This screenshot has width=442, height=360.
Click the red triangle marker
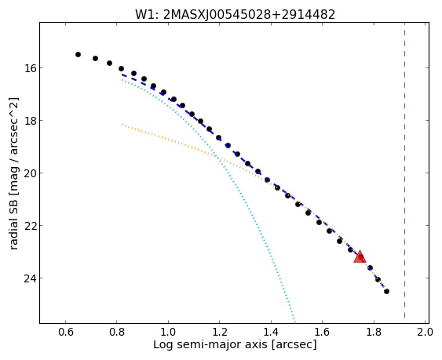[360, 257]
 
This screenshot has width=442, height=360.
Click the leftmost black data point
[78, 54]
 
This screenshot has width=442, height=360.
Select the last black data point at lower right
[386, 291]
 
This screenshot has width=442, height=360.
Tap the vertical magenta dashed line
[404, 170]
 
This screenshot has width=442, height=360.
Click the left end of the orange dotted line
[122, 124]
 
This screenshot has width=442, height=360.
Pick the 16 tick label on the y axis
[30, 68]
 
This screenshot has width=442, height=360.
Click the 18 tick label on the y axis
[30, 121]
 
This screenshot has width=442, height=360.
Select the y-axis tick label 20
[30, 173]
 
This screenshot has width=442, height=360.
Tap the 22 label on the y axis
[30, 225]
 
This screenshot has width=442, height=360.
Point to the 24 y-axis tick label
[30, 278]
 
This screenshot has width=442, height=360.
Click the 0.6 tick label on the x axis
[66, 332]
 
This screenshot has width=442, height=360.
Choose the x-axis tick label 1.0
[168, 332]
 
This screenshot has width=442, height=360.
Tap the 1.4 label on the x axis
[271, 332]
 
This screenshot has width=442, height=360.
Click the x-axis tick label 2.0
[425, 332]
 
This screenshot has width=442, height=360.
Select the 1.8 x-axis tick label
[374, 332]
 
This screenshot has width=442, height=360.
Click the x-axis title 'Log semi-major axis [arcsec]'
[235, 345]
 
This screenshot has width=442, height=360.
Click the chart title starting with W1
[235, 14]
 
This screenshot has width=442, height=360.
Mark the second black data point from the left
[95, 58]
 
